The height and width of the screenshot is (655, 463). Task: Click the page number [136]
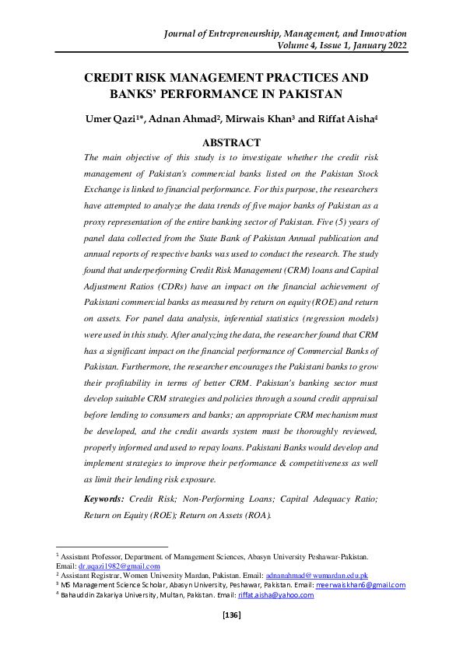[x=232, y=615]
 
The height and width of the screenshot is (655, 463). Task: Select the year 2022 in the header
[x=393, y=45]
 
